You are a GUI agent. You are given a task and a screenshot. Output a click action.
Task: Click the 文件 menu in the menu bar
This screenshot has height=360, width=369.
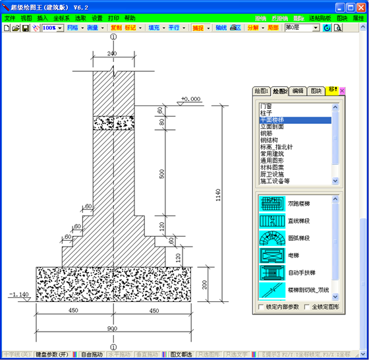10,18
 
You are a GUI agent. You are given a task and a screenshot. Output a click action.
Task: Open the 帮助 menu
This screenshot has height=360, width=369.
130,18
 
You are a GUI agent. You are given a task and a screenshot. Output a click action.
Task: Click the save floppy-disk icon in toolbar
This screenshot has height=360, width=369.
25,29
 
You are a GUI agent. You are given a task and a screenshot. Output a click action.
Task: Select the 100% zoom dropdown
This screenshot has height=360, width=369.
53,29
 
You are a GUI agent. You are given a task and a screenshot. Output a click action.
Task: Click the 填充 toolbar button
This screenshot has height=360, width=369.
154,29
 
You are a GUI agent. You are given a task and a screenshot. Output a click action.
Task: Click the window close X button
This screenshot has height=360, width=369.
360,7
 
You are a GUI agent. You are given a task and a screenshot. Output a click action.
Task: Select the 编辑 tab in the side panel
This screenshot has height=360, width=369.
298,91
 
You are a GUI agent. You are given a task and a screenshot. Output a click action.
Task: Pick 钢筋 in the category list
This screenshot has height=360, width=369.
268,133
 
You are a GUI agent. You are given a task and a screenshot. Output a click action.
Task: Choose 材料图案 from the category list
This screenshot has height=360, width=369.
273,167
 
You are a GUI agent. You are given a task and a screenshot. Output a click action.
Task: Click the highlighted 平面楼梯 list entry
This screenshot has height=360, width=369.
272,119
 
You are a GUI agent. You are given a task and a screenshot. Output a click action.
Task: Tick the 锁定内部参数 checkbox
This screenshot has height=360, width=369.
262,307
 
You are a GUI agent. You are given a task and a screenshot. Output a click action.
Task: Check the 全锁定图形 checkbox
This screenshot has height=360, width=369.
306,307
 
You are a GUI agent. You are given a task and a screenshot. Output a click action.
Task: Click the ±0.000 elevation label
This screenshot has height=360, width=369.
192,99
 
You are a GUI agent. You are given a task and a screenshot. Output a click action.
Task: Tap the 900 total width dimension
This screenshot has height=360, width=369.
113,328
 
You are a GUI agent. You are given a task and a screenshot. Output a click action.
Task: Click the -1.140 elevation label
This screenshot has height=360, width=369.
18,295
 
